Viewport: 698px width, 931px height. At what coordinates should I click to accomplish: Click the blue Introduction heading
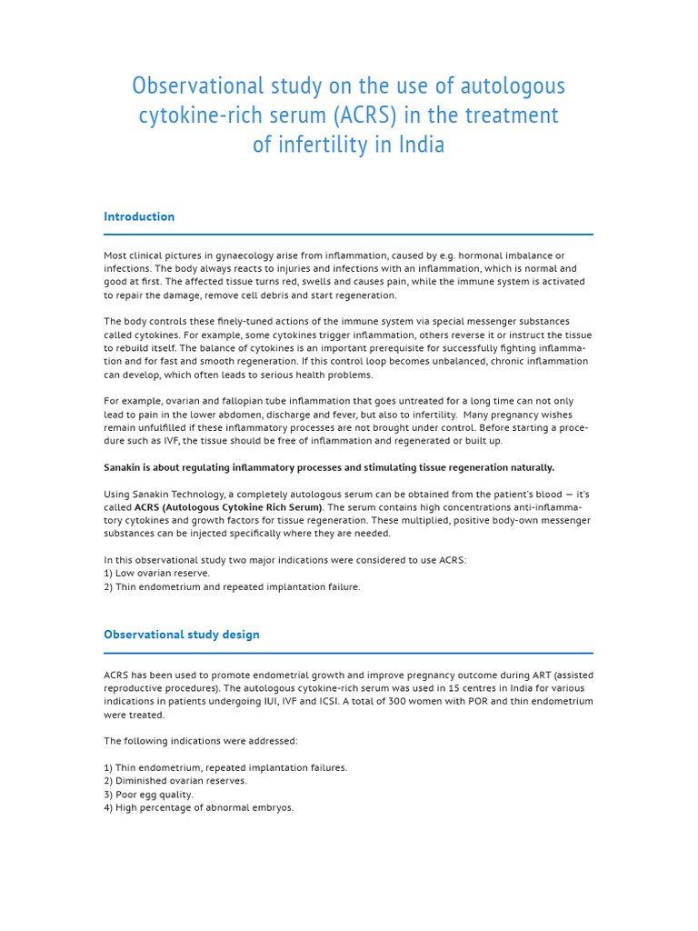[x=139, y=216]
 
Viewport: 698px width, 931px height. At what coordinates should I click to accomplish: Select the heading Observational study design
[x=182, y=635]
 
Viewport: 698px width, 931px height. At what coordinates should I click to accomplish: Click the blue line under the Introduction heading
[x=348, y=235]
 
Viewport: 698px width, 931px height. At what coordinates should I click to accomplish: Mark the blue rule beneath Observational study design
[x=348, y=653]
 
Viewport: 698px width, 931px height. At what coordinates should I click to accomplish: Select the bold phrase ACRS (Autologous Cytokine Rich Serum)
[x=228, y=507]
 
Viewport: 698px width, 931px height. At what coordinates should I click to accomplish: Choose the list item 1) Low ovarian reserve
[x=156, y=574]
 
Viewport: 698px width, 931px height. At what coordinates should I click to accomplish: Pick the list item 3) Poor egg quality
[x=148, y=795]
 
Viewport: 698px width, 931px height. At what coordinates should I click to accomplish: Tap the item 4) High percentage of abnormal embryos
[x=199, y=807]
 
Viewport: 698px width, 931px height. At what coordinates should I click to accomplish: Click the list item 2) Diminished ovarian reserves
[x=175, y=781]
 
